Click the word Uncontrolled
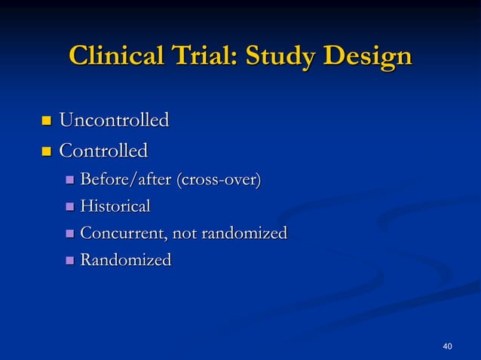click(113, 120)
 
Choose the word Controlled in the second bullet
click(103, 151)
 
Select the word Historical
click(115, 206)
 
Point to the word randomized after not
click(244, 233)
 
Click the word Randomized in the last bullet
click(125, 261)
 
